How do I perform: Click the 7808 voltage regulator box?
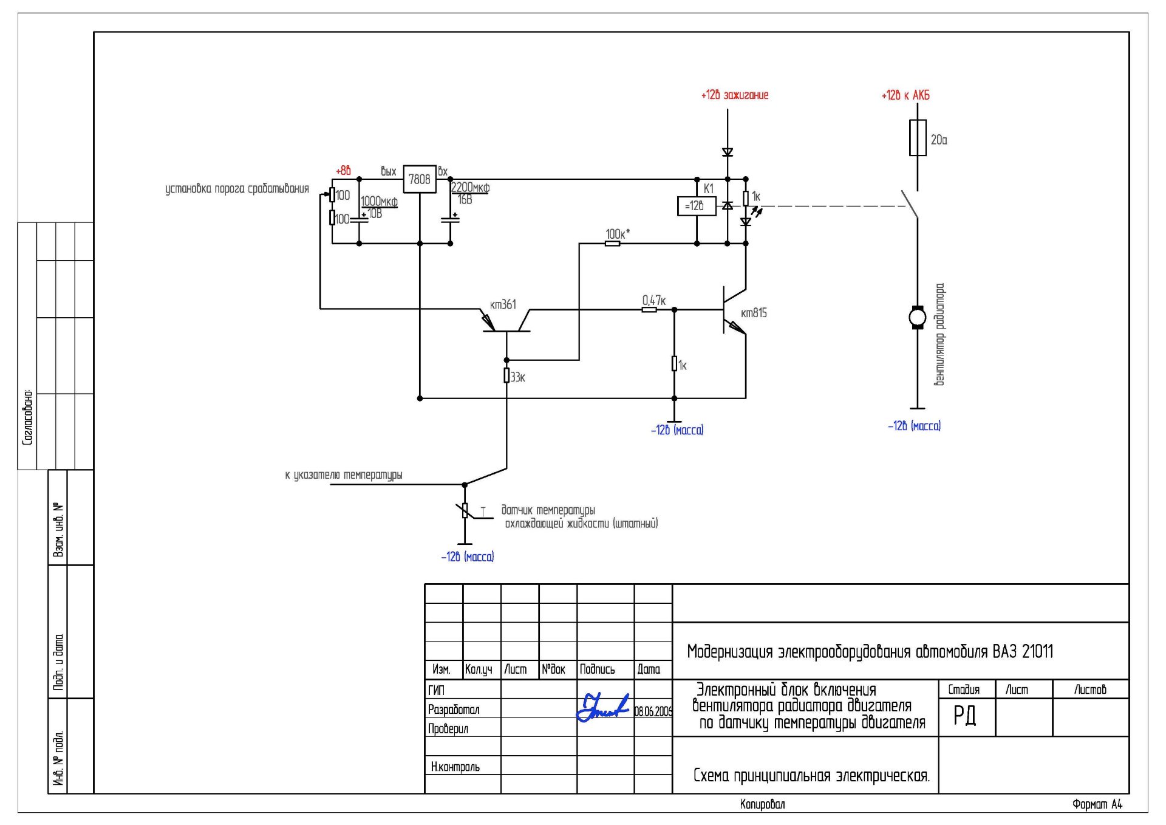click(x=420, y=179)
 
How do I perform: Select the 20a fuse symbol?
click(x=917, y=138)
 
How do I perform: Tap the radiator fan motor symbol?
click(x=917, y=317)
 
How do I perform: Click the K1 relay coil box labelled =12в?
click(x=697, y=206)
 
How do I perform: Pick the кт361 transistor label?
click(x=503, y=304)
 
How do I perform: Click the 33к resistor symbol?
click(x=506, y=375)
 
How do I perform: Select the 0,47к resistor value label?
click(x=654, y=300)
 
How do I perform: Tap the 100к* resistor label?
click(x=618, y=234)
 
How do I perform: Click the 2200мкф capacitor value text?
click(x=470, y=187)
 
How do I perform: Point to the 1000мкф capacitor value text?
click(x=379, y=201)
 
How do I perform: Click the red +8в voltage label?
click(x=343, y=171)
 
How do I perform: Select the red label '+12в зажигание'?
click(x=735, y=95)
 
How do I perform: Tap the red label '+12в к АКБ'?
click(x=905, y=95)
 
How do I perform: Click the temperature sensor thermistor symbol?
click(x=465, y=510)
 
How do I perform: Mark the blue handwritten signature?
click(x=602, y=707)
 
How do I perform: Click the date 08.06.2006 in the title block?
click(x=653, y=711)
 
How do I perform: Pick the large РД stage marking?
click(x=964, y=715)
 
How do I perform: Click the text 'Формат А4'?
click(x=1097, y=804)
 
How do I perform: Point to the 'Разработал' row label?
click(x=454, y=710)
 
